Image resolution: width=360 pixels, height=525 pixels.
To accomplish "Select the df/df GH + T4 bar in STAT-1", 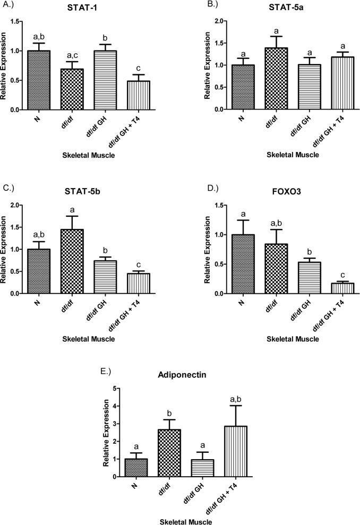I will pos(140,95).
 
